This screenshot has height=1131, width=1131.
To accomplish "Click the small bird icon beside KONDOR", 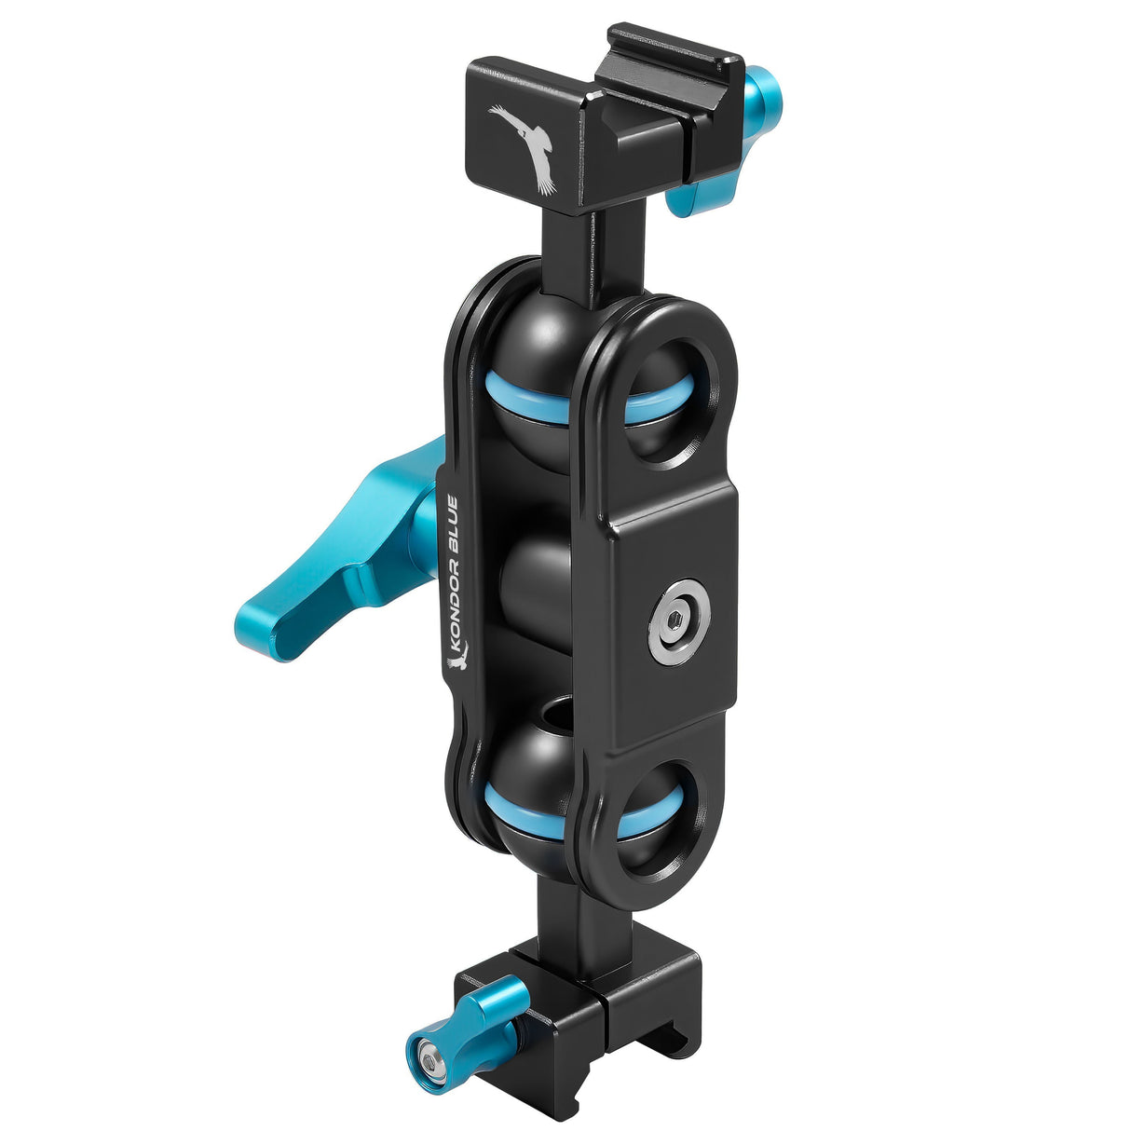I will point(456,662).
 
